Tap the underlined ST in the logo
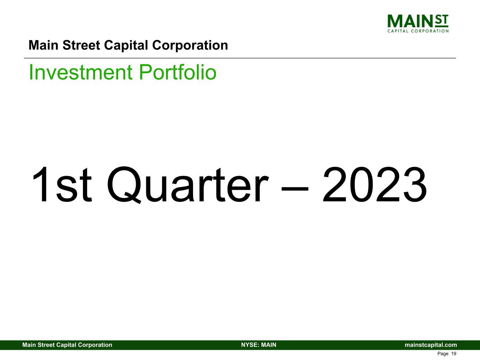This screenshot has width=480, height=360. pos(442,21)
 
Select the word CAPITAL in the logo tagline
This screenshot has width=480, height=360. pos(398,31)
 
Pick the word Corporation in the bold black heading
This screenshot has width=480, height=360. pos(190,45)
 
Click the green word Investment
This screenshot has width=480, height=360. pos(81,72)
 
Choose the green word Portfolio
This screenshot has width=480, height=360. pos(178,72)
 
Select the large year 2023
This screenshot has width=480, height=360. pos(375,185)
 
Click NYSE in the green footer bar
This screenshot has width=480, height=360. pos(249,345)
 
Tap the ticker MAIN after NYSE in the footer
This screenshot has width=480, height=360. pos(268,345)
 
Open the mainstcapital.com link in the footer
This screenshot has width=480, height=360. pos(431,345)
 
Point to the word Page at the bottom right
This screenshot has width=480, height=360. pos(443,354)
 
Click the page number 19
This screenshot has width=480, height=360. pos(454,354)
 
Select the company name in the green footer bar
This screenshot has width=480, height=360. pos(67,345)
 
